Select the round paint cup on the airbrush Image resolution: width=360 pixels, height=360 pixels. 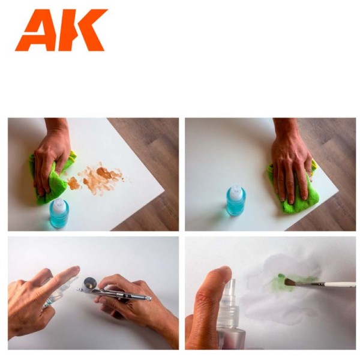coord(91,282)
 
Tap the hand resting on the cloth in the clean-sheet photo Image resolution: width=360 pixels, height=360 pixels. coord(291,165)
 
